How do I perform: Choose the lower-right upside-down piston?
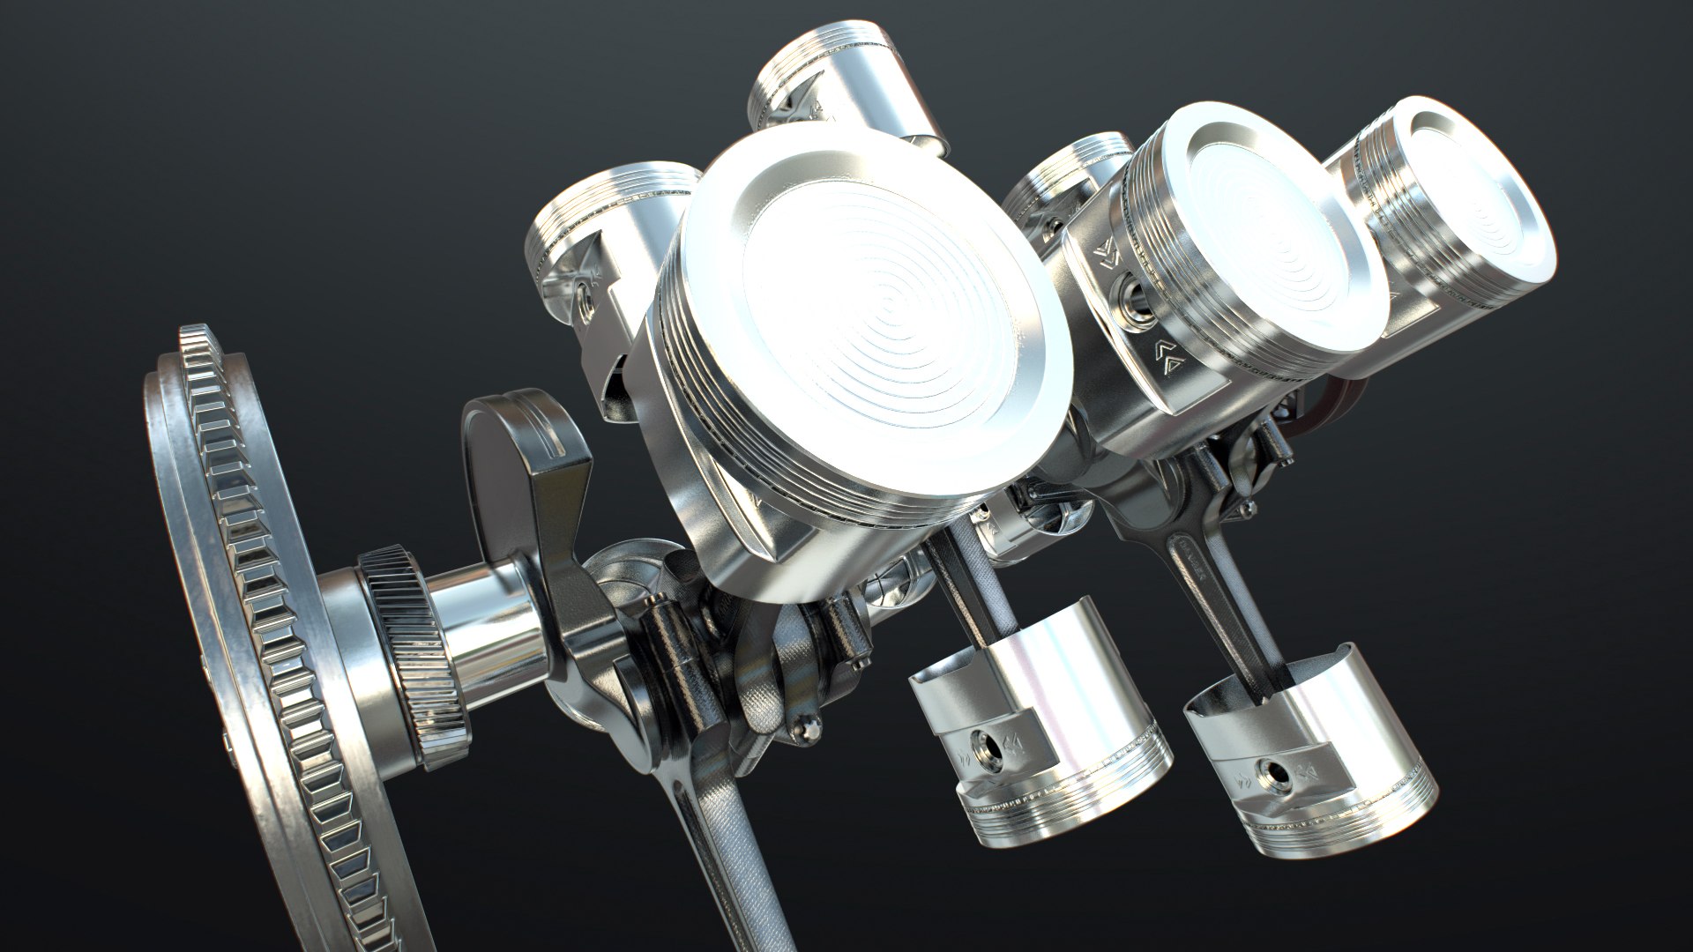(x=1305, y=758)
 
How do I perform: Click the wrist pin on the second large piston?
(x=1131, y=298)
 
